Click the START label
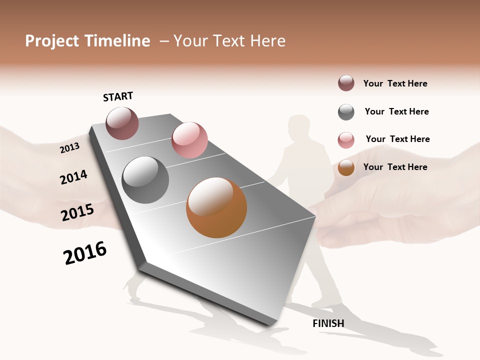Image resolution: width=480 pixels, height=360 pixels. (x=118, y=96)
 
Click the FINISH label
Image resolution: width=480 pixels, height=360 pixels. (x=328, y=323)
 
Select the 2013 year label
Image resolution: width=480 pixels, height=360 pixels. (x=69, y=147)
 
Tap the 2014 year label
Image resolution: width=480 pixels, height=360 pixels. (x=73, y=177)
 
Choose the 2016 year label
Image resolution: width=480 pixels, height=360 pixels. (x=85, y=253)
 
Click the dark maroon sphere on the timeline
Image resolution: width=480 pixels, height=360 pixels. (x=122, y=123)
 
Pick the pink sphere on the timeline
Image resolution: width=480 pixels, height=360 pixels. (x=189, y=139)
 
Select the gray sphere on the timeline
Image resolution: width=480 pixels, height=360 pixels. (x=145, y=180)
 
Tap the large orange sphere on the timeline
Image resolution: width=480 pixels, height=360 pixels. (x=216, y=207)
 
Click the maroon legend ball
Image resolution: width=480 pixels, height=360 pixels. (x=346, y=83)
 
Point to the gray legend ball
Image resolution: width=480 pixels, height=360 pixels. (x=346, y=112)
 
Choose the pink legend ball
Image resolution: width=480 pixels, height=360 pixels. (x=346, y=140)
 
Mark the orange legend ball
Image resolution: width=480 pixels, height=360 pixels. (x=346, y=167)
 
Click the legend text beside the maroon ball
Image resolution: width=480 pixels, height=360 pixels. (x=395, y=83)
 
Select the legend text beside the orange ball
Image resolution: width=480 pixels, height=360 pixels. (x=395, y=167)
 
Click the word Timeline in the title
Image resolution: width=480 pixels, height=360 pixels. (x=117, y=41)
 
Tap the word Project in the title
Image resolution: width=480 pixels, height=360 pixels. (x=52, y=41)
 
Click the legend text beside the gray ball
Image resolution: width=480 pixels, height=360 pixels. (x=396, y=111)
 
